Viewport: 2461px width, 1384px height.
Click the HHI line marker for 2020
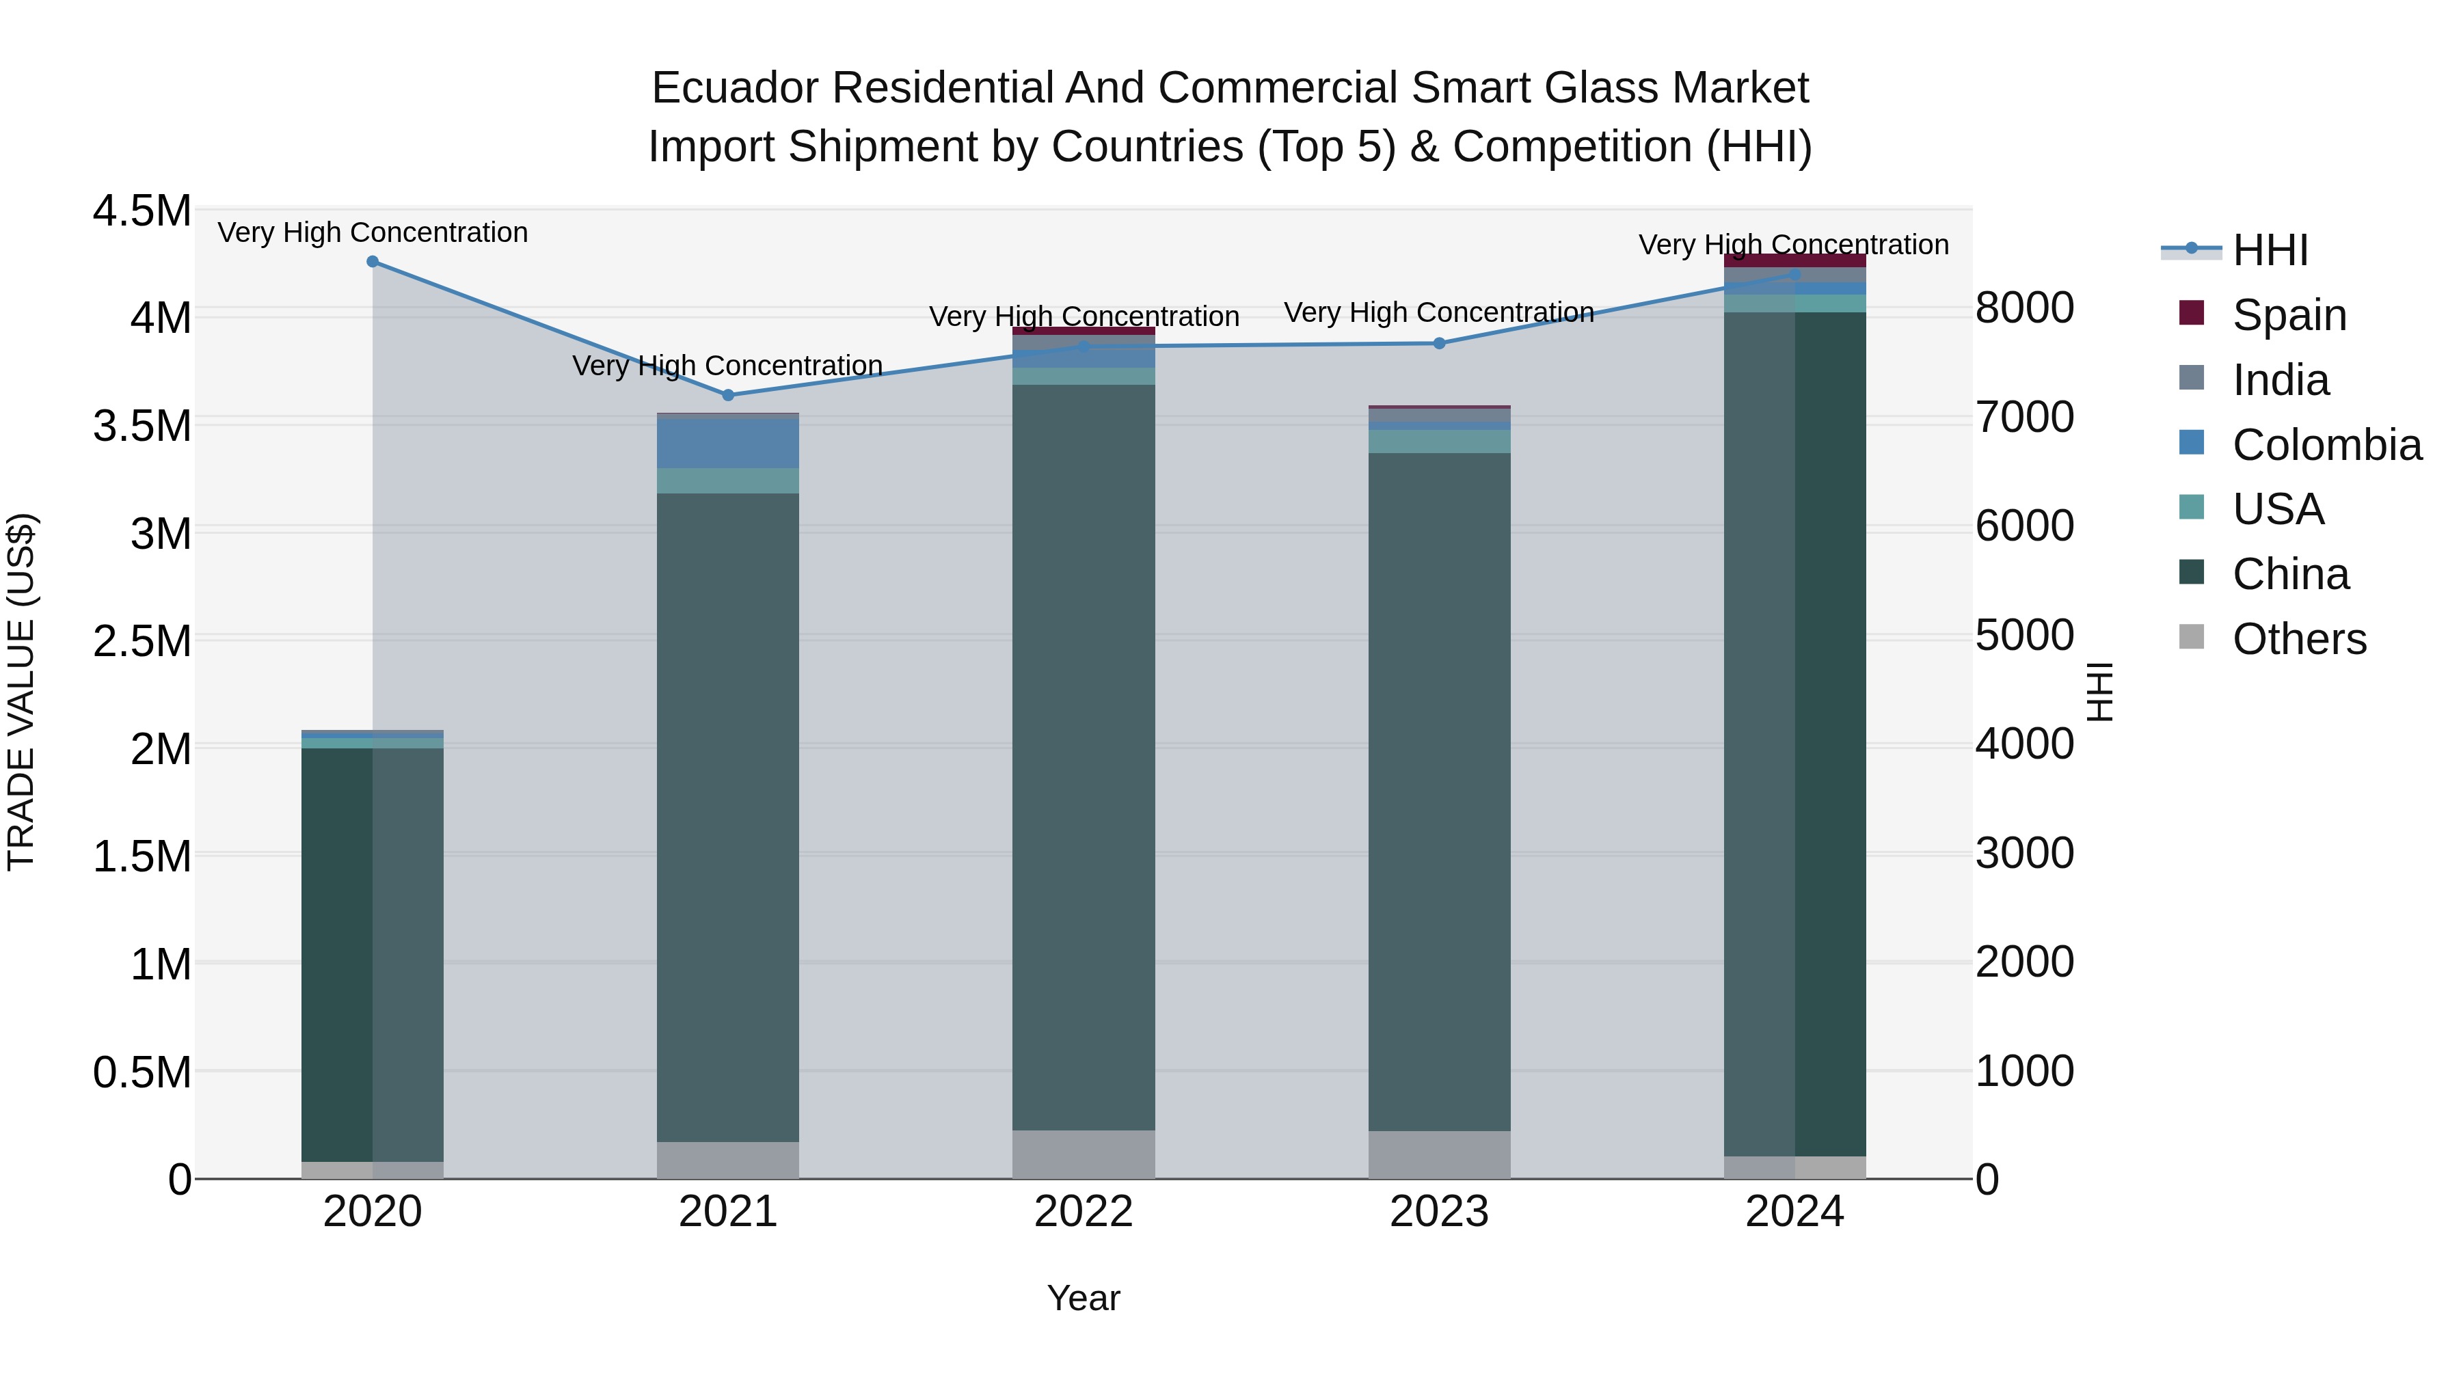pyautogui.click(x=373, y=262)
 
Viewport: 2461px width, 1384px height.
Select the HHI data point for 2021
pyautogui.click(x=728, y=394)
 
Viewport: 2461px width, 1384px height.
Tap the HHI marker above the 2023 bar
pyautogui.click(x=1440, y=343)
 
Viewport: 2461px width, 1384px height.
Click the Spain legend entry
pyautogui.click(x=2289, y=315)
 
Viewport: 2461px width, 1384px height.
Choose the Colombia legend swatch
pyautogui.click(x=2192, y=443)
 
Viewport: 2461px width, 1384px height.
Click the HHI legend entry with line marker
pyautogui.click(x=2235, y=250)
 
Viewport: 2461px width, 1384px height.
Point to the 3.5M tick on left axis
pyautogui.click(x=142, y=426)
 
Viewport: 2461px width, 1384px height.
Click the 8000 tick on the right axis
pyautogui.click(x=2024, y=308)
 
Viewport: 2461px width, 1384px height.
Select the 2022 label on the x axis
pyautogui.click(x=1084, y=1212)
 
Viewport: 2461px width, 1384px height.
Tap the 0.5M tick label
pyautogui.click(x=142, y=1072)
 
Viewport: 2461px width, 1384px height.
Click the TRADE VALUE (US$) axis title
pyautogui.click(x=21, y=692)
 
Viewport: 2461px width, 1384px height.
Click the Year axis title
pyautogui.click(x=1084, y=1298)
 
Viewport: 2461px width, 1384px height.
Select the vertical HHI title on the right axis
pyautogui.click(x=2100, y=692)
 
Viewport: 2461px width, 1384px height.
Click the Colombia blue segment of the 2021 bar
pyautogui.click(x=728, y=443)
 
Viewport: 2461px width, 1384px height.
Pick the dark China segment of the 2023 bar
pyautogui.click(x=1440, y=793)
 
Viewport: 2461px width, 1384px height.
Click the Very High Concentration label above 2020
pyautogui.click(x=373, y=232)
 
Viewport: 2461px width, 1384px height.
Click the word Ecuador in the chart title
pyautogui.click(x=735, y=88)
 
